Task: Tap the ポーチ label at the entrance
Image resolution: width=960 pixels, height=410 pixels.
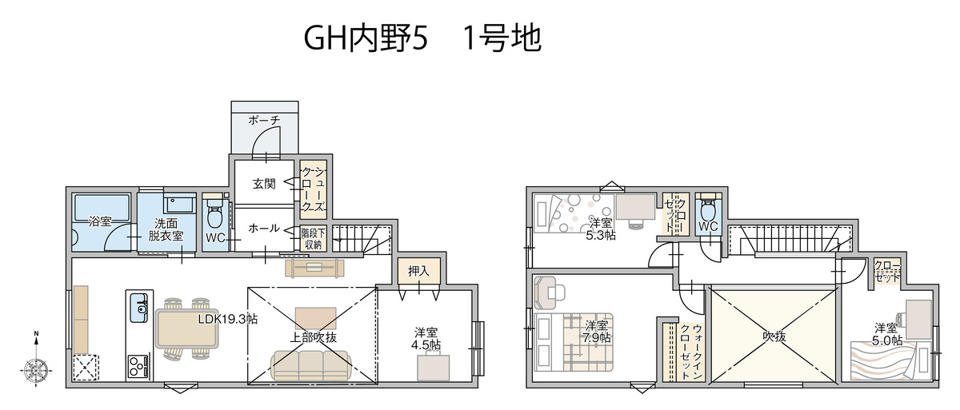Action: point(264,120)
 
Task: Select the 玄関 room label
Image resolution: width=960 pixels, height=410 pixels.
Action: point(264,184)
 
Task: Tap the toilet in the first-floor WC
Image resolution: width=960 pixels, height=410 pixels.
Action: point(214,216)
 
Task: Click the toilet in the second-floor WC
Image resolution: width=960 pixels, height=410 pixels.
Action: point(707,213)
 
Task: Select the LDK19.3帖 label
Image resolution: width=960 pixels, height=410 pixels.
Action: point(228,318)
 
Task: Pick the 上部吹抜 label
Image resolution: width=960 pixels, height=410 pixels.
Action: point(313,337)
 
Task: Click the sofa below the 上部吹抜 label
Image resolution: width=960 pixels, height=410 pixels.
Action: point(310,365)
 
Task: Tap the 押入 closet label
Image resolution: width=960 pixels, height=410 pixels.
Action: point(418,271)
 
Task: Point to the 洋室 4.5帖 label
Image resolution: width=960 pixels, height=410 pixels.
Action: point(426,338)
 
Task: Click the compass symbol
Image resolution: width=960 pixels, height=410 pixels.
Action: point(36,369)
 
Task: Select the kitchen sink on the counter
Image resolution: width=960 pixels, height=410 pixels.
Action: point(138,307)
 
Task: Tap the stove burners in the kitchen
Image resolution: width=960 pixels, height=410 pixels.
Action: point(138,367)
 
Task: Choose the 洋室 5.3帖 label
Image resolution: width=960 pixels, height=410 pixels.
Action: point(601,229)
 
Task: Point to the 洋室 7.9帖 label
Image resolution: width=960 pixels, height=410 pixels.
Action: point(596,332)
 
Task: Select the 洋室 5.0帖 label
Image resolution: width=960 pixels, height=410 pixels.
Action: point(888,334)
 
